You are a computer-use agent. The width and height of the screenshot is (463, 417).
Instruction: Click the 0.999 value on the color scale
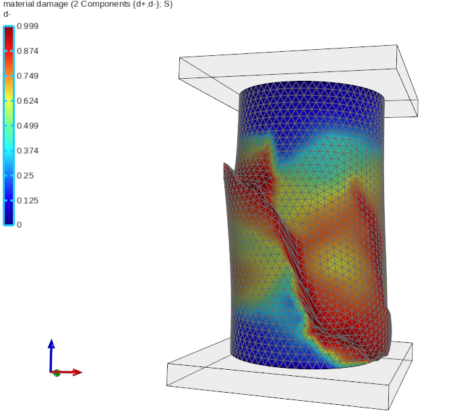(28, 26)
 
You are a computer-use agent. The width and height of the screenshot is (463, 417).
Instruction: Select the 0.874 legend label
(28, 51)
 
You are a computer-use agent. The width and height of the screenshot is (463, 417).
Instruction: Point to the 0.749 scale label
(28, 76)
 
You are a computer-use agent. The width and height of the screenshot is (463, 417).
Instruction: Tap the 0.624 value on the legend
(28, 101)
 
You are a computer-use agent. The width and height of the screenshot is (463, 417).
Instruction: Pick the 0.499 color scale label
(28, 126)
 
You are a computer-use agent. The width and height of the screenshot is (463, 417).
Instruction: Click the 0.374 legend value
(28, 151)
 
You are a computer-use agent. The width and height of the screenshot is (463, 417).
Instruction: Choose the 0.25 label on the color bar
(26, 176)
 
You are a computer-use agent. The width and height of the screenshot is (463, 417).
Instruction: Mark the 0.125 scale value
(28, 201)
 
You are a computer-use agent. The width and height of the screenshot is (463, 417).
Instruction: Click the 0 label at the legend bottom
(19, 225)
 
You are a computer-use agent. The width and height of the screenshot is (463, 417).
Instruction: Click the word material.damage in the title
(36, 5)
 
